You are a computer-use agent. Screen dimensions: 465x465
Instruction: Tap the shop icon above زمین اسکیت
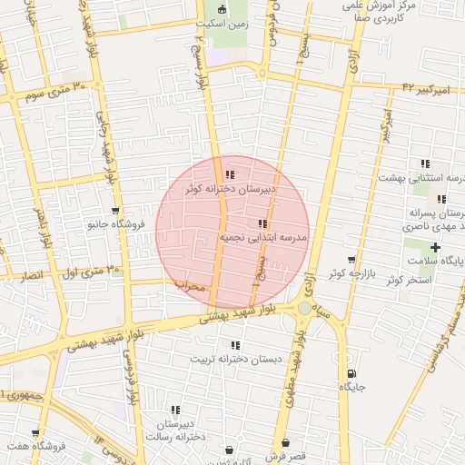(223, 10)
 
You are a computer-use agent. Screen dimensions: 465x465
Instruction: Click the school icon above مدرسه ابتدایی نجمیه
(262, 223)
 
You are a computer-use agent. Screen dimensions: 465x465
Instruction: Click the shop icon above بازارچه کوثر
(351, 260)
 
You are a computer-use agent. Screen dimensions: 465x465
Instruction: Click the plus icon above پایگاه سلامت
(436, 247)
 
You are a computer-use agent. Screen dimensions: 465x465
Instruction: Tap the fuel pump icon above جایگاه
(351, 373)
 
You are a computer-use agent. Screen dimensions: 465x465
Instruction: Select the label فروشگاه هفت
(34, 447)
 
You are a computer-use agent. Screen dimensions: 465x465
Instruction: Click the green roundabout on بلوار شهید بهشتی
(303, 309)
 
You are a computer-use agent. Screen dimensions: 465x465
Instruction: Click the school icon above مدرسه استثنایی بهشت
(424, 164)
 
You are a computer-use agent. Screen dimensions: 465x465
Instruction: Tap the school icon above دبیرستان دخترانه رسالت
(175, 411)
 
